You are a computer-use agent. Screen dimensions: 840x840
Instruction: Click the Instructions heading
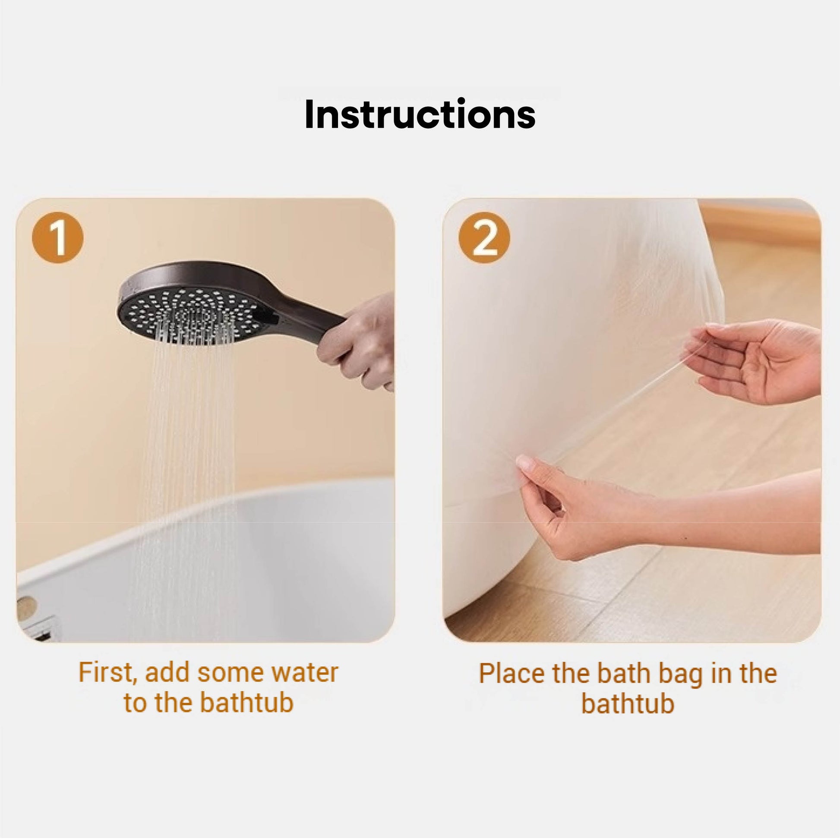point(420,114)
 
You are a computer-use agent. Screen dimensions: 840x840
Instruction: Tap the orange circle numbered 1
point(57,238)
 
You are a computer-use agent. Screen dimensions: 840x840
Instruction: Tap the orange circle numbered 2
point(484,238)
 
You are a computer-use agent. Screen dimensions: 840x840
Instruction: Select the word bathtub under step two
point(627,704)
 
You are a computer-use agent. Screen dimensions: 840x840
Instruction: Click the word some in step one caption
point(230,673)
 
